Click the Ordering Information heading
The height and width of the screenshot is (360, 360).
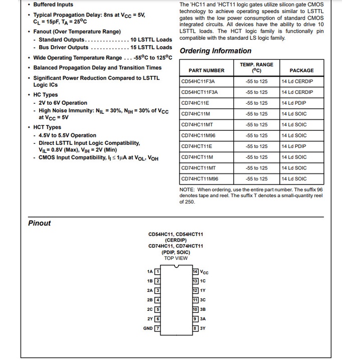pos(216,51)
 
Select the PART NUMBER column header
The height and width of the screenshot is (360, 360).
pos(207,70)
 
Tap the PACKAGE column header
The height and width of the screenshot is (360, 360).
pos(301,70)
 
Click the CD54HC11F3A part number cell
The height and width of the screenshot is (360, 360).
pos(198,81)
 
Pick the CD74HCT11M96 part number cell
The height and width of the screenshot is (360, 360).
pos(200,179)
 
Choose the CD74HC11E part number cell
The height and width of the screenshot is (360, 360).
pos(196,103)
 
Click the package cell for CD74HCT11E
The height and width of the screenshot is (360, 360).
pos(294,146)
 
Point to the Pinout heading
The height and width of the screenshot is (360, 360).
pos(40,223)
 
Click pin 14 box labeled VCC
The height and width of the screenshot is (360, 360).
pos(196,271)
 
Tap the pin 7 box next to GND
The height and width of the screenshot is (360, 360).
pos(157,328)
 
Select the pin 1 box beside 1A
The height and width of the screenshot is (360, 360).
pos(157,271)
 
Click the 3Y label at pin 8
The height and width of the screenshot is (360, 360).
pos(203,328)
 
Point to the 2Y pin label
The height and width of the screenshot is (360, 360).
pos(150,319)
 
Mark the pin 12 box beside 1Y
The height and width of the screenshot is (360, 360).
pos(196,290)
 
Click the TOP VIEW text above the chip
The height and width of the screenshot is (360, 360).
pos(176,258)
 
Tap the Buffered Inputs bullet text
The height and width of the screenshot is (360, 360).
pos(53,5)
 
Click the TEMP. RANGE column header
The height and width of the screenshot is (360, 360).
pos(257,67)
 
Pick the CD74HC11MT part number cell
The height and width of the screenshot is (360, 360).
pos(198,125)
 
